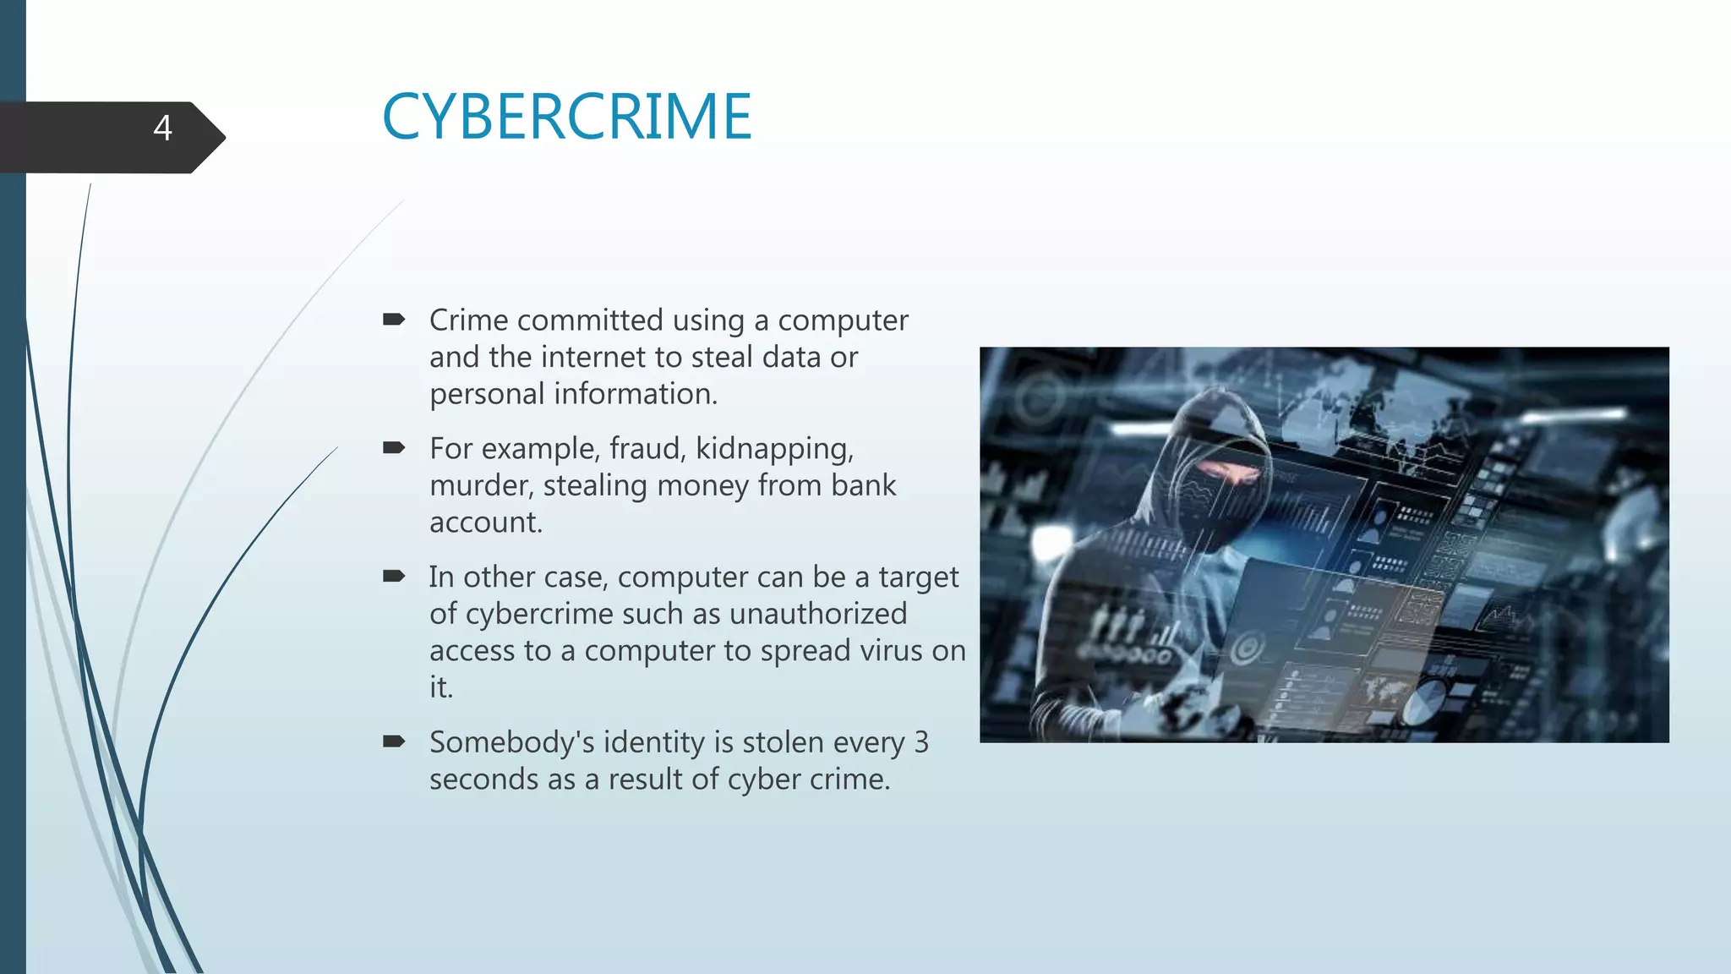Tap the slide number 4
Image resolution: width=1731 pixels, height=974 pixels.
(162, 129)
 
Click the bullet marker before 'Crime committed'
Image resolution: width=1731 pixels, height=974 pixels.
(394, 320)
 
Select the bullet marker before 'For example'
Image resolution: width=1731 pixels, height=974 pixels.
(394, 448)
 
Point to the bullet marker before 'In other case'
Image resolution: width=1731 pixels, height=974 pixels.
(394, 577)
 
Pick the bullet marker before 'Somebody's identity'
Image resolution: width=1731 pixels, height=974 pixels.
(394, 742)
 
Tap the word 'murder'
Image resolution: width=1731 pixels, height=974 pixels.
(481, 486)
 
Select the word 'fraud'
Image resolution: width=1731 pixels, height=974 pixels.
(647, 449)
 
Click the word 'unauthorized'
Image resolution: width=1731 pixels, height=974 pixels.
(817, 614)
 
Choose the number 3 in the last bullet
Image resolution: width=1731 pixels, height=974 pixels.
(920, 742)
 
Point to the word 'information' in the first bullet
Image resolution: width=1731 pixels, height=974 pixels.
(635, 394)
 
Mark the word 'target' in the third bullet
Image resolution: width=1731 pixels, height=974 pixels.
(919, 577)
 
